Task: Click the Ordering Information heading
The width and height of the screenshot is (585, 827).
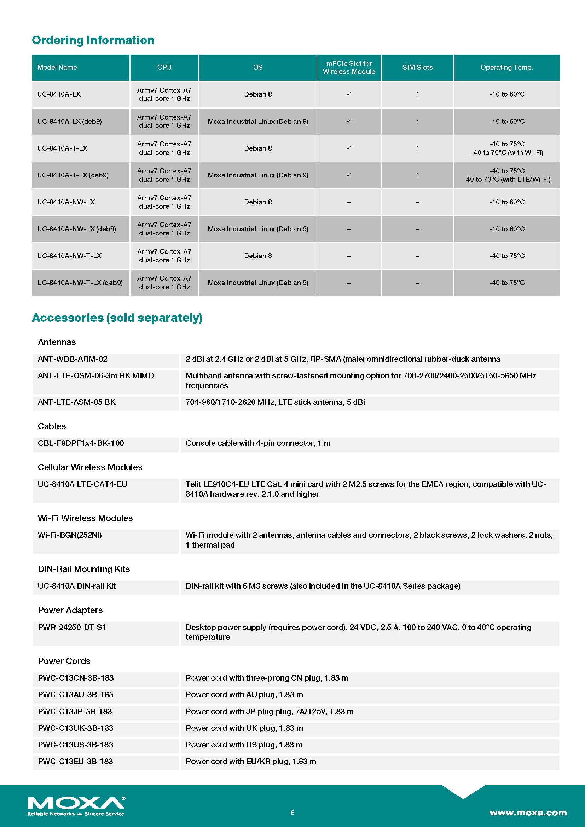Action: coord(93,40)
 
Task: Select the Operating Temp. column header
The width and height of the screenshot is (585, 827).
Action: coord(506,68)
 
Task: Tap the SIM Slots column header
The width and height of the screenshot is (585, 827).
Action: coord(417,68)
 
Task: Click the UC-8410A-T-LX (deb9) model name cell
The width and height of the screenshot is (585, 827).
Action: coord(73,175)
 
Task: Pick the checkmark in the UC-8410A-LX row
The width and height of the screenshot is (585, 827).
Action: coord(349,94)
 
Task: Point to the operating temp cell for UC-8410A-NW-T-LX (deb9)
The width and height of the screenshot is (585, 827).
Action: coord(506,283)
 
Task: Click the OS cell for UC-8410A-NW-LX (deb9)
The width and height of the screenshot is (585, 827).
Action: coord(257,229)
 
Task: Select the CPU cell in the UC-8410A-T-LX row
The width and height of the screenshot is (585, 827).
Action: coord(164,148)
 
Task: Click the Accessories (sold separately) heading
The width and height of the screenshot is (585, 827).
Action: coord(117,318)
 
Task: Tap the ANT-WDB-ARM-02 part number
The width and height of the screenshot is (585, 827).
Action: coord(73,359)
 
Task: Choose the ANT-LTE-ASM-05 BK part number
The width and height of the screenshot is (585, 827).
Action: coord(76,402)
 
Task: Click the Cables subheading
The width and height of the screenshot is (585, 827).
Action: coord(52,426)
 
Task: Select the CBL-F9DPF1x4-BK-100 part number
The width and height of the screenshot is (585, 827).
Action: coord(81,443)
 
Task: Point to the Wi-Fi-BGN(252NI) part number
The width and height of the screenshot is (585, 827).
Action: coord(70,535)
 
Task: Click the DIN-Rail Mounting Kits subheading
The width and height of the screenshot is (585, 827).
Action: coord(83,569)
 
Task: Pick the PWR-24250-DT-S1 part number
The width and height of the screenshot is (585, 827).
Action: coord(72,628)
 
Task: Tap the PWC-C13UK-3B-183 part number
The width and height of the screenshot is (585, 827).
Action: coord(75,728)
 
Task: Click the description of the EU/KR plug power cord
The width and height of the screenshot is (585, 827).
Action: coord(251,762)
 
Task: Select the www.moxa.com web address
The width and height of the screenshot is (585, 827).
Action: coord(528,813)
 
